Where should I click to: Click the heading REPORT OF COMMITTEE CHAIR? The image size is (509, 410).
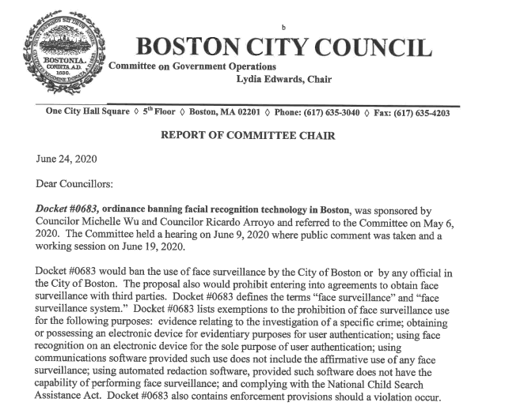pyautogui.click(x=248, y=135)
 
